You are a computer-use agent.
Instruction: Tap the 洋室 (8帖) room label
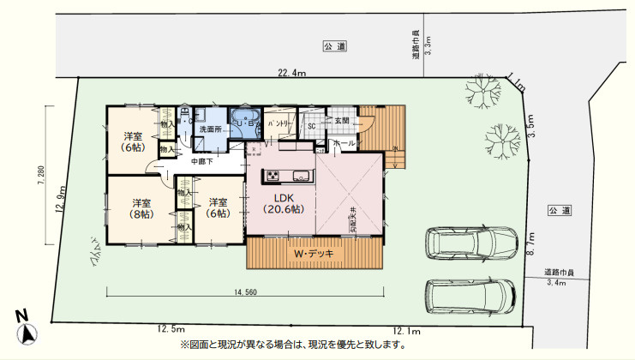point(141,209)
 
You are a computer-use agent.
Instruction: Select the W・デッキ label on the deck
point(314,254)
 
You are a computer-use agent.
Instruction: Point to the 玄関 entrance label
point(342,120)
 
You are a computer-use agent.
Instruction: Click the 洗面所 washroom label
point(211,129)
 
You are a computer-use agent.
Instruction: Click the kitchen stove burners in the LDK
point(273,177)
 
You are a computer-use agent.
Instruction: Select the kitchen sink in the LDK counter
point(301,177)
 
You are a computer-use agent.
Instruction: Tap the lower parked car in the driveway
point(470,297)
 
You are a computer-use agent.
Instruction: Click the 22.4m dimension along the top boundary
point(291,74)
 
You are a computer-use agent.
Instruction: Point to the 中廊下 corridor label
point(201,160)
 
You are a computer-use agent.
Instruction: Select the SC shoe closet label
point(312,127)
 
